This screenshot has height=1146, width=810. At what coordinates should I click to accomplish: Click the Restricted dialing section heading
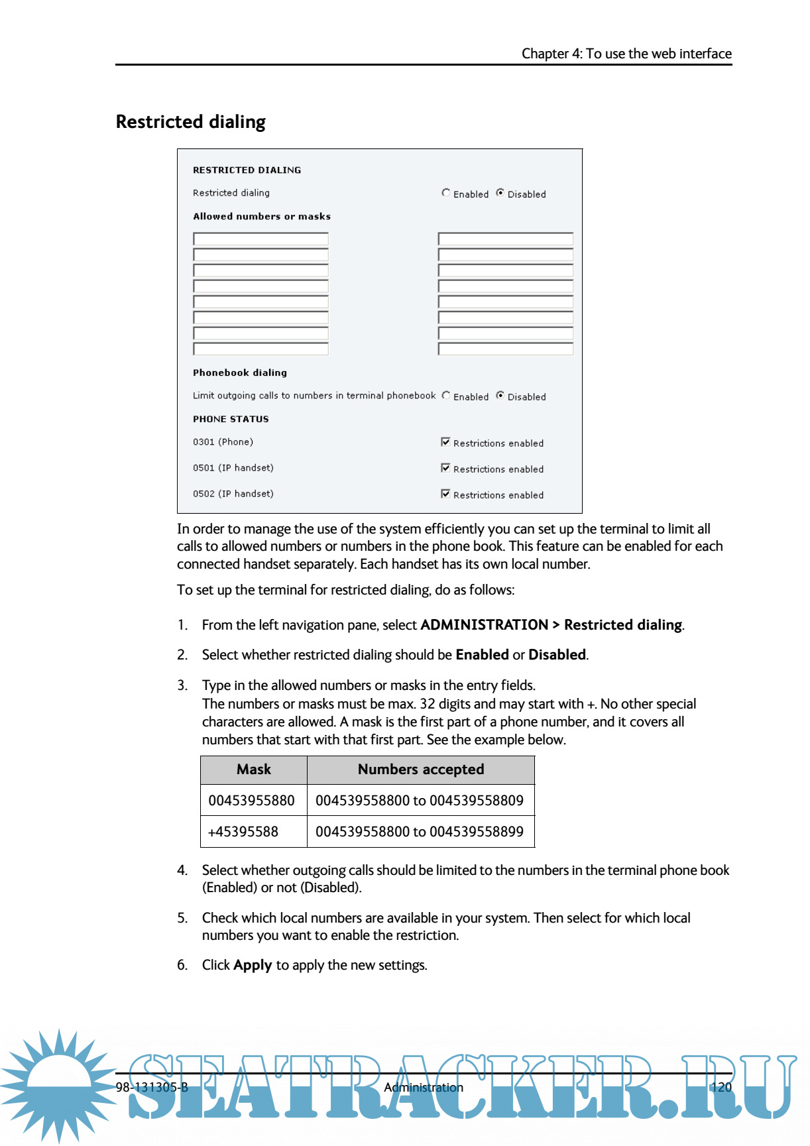click(190, 122)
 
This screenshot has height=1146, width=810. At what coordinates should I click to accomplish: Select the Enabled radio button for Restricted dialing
click(446, 193)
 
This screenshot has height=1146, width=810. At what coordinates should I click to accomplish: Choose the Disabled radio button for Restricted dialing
click(500, 193)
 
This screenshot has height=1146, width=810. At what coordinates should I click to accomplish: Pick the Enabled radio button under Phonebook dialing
click(446, 396)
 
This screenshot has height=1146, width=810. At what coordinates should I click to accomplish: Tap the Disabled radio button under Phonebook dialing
click(500, 396)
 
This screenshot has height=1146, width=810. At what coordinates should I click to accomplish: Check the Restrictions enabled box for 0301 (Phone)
click(445, 442)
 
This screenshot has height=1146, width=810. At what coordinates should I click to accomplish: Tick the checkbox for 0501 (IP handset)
click(445, 468)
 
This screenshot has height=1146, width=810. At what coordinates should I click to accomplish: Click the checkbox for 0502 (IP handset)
click(445, 494)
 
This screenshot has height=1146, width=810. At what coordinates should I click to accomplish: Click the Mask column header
click(254, 770)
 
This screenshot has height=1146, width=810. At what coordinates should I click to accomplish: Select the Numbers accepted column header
click(421, 770)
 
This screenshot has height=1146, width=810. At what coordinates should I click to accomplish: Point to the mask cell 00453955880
click(252, 801)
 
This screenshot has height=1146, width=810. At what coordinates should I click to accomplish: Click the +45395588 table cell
click(243, 832)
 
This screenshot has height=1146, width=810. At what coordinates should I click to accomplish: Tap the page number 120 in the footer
click(721, 1087)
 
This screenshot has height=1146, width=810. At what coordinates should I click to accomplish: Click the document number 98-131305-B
click(152, 1087)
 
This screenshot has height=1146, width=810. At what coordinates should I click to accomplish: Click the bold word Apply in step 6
click(253, 965)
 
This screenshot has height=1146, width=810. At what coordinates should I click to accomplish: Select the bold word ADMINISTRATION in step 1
click(485, 625)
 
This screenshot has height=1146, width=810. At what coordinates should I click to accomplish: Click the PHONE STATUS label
click(231, 419)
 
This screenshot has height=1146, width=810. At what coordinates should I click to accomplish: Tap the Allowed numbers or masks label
click(262, 217)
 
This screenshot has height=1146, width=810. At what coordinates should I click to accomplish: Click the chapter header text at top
click(626, 54)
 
